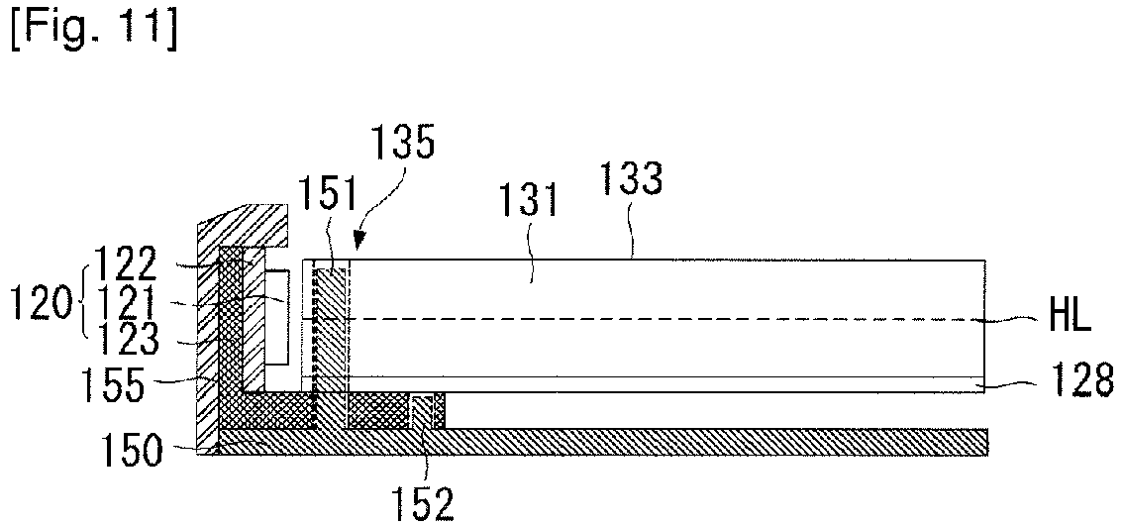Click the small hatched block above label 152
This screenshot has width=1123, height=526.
(x=427, y=410)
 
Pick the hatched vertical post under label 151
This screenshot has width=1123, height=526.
(x=332, y=337)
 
